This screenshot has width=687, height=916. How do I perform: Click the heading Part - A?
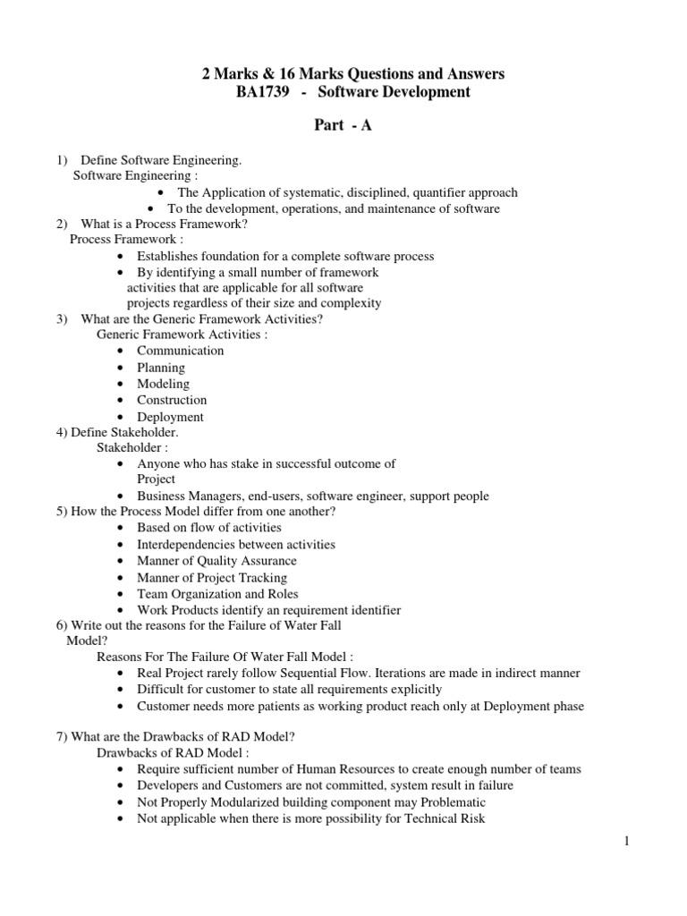click(x=343, y=125)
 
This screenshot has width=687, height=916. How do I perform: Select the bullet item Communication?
click(x=180, y=351)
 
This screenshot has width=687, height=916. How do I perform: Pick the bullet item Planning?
click(x=161, y=368)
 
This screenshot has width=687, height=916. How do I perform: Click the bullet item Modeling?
click(x=163, y=384)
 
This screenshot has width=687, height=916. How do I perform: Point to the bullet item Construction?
click(x=172, y=400)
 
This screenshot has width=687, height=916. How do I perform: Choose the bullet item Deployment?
click(x=170, y=417)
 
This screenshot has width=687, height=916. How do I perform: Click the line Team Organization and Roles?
click(x=217, y=594)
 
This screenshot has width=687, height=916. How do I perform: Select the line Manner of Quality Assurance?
click(x=216, y=561)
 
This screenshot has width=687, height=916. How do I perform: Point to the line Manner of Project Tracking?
click(x=212, y=578)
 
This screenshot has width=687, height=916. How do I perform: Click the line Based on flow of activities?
click(x=208, y=528)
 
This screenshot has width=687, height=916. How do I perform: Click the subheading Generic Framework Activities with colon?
click(x=182, y=335)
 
